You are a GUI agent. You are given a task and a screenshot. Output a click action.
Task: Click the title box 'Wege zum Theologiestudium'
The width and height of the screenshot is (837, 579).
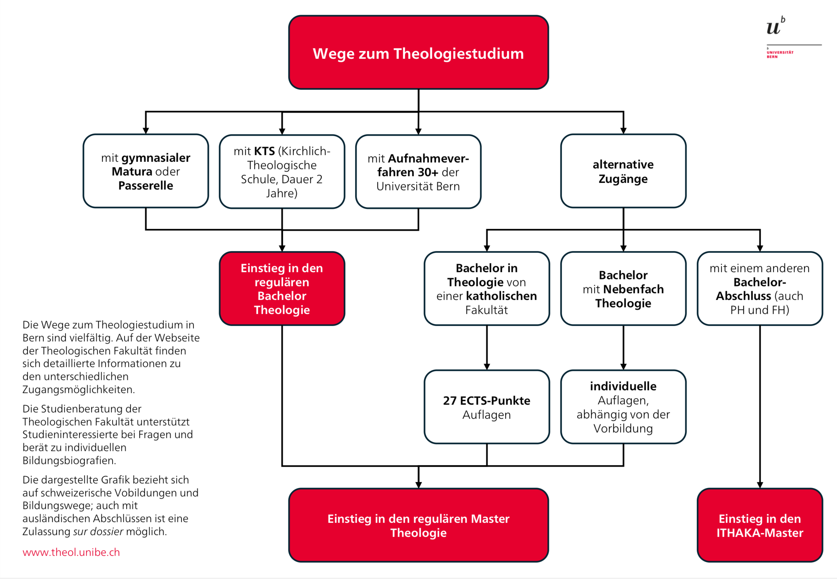[418, 53]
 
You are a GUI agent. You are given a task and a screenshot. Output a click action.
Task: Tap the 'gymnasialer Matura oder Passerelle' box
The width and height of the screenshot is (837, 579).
[146, 171]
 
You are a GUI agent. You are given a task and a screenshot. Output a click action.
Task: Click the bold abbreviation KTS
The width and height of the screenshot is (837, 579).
[264, 151]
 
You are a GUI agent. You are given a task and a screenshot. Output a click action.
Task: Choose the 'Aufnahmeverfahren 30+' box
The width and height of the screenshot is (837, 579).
[418, 172]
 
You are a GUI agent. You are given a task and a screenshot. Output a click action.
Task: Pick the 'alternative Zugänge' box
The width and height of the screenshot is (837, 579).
[623, 171]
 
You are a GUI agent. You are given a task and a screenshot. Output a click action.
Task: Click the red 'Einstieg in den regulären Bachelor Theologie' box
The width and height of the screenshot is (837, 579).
[282, 289]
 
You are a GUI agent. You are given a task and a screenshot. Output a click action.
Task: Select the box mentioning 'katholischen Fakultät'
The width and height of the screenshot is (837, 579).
[487, 289]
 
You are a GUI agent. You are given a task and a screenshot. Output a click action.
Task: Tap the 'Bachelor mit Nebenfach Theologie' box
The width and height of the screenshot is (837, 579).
[623, 289]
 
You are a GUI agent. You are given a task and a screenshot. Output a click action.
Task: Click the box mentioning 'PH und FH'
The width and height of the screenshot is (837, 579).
[759, 289]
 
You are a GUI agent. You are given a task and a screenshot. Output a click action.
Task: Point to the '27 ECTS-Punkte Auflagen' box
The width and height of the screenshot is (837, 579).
[487, 407]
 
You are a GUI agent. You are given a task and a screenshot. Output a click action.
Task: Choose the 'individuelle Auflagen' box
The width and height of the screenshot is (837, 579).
[623, 407]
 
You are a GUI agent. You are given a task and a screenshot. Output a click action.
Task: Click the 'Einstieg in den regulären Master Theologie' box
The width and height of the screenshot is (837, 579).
[418, 525]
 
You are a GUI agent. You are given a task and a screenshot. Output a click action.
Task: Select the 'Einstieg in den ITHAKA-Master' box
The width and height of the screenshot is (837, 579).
[759, 525]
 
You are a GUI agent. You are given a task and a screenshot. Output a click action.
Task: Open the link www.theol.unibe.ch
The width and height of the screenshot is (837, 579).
[71, 552]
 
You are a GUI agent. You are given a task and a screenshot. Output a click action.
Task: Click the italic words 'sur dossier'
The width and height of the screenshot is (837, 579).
[98, 532]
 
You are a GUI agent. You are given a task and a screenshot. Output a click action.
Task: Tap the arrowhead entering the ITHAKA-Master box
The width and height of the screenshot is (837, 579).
[760, 485]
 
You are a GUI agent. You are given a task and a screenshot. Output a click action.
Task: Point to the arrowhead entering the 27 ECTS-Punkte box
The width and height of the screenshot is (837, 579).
[487, 367]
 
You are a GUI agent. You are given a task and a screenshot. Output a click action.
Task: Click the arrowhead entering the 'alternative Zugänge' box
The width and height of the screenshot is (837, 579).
[623, 131]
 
